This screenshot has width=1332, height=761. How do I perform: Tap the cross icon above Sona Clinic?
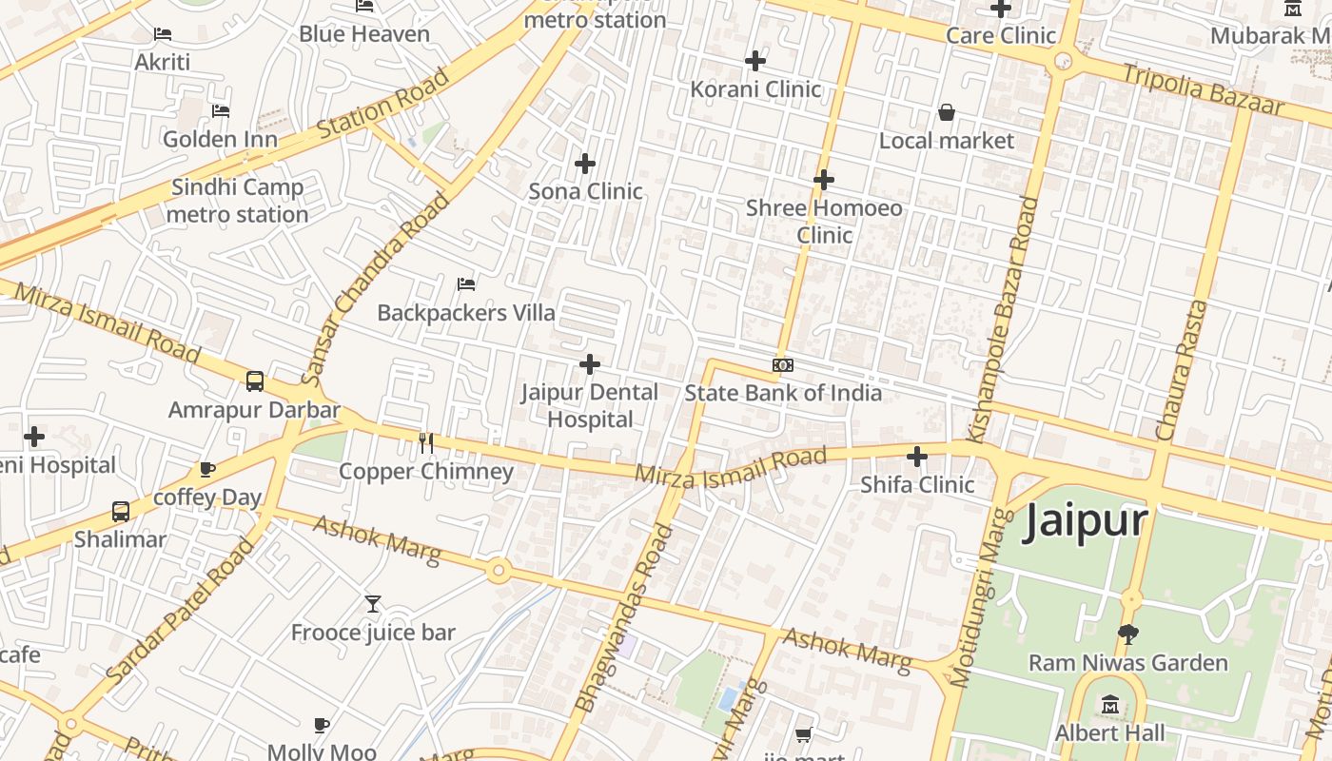click(585, 164)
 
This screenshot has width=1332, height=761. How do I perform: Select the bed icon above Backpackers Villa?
click(466, 284)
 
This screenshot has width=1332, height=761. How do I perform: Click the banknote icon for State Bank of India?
click(783, 365)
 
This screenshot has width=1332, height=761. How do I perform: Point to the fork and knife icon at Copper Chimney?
click(426, 443)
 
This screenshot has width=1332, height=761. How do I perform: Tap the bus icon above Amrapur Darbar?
click(255, 381)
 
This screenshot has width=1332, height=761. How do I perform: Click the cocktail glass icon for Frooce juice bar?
click(373, 604)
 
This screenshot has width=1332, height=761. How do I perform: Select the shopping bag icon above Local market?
click(947, 112)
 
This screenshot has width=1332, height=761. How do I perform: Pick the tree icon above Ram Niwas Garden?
click(1128, 634)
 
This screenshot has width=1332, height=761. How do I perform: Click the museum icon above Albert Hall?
click(1110, 705)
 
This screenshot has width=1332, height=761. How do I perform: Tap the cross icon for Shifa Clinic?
click(917, 457)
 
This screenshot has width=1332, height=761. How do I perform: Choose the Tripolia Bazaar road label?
click(1203, 88)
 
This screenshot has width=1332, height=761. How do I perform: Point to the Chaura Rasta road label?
click(1182, 371)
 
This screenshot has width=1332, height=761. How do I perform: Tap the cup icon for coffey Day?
click(207, 469)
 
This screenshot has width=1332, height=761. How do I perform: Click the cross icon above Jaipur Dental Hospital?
click(590, 364)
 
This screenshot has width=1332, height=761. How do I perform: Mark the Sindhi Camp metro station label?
click(237, 201)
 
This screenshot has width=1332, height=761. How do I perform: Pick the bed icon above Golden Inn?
click(221, 111)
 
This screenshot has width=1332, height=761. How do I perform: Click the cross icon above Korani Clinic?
click(755, 61)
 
